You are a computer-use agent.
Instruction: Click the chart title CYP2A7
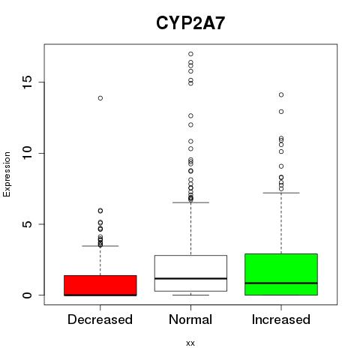click(190, 23)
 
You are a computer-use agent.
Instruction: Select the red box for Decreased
click(100, 286)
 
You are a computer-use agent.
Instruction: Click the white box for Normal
click(190, 273)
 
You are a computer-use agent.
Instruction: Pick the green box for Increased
click(281, 274)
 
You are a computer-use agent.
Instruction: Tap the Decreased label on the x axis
click(100, 319)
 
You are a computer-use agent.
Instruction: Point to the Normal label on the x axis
click(190, 319)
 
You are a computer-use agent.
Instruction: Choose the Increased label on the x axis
click(281, 319)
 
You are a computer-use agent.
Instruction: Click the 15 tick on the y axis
click(28, 82)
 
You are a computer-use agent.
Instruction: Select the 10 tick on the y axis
click(28, 153)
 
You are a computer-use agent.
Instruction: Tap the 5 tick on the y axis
click(28, 224)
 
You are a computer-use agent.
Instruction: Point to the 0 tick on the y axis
click(28, 295)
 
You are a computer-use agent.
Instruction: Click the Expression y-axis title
click(7, 174)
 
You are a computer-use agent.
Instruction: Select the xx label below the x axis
click(190, 343)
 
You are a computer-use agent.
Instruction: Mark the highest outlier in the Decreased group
click(100, 98)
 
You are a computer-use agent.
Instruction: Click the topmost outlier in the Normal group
click(190, 54)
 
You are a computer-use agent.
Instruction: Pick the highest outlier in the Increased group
click(281, 94)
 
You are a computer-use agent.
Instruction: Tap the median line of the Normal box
click(190, 278)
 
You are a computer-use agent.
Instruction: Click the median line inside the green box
click(281, 283)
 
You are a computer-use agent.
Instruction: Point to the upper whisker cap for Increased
click(281, 193)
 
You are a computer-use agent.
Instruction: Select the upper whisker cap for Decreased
click(100, 246)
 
